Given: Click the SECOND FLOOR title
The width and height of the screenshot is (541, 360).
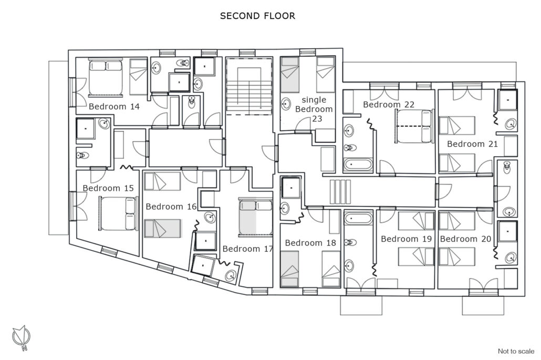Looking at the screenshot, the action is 257,16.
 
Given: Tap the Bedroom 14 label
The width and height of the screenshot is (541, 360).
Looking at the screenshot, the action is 114,107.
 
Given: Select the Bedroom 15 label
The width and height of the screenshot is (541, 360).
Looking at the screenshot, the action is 108,189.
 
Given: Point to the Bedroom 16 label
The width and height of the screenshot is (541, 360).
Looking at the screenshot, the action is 171,207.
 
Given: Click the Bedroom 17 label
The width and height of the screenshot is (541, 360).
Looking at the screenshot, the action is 248,249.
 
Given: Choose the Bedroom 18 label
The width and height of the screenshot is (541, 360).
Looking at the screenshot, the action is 310,243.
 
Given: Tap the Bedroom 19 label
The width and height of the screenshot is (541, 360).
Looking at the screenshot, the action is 406,239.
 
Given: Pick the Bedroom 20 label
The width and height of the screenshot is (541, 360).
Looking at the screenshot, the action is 465,239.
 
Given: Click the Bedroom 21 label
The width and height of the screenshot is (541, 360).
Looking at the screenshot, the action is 472,144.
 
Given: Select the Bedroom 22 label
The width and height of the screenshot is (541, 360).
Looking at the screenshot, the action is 389,105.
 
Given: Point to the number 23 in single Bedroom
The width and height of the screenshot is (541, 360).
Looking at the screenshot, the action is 317,119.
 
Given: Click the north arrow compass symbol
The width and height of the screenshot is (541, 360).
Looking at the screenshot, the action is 22,337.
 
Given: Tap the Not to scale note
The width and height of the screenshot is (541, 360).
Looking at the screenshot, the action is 516,352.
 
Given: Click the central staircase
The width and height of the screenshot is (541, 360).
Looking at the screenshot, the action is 249,86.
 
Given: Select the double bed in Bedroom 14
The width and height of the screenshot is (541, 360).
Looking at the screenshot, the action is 106,77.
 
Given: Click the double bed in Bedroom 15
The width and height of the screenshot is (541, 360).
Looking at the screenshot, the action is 119,213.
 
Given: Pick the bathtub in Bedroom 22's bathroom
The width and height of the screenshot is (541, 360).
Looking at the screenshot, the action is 358,164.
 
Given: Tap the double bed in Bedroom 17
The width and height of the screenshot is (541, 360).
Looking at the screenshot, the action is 256,217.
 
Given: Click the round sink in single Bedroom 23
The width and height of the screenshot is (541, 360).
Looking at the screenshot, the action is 286,104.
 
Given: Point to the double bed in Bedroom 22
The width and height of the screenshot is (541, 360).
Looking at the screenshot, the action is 415,126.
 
